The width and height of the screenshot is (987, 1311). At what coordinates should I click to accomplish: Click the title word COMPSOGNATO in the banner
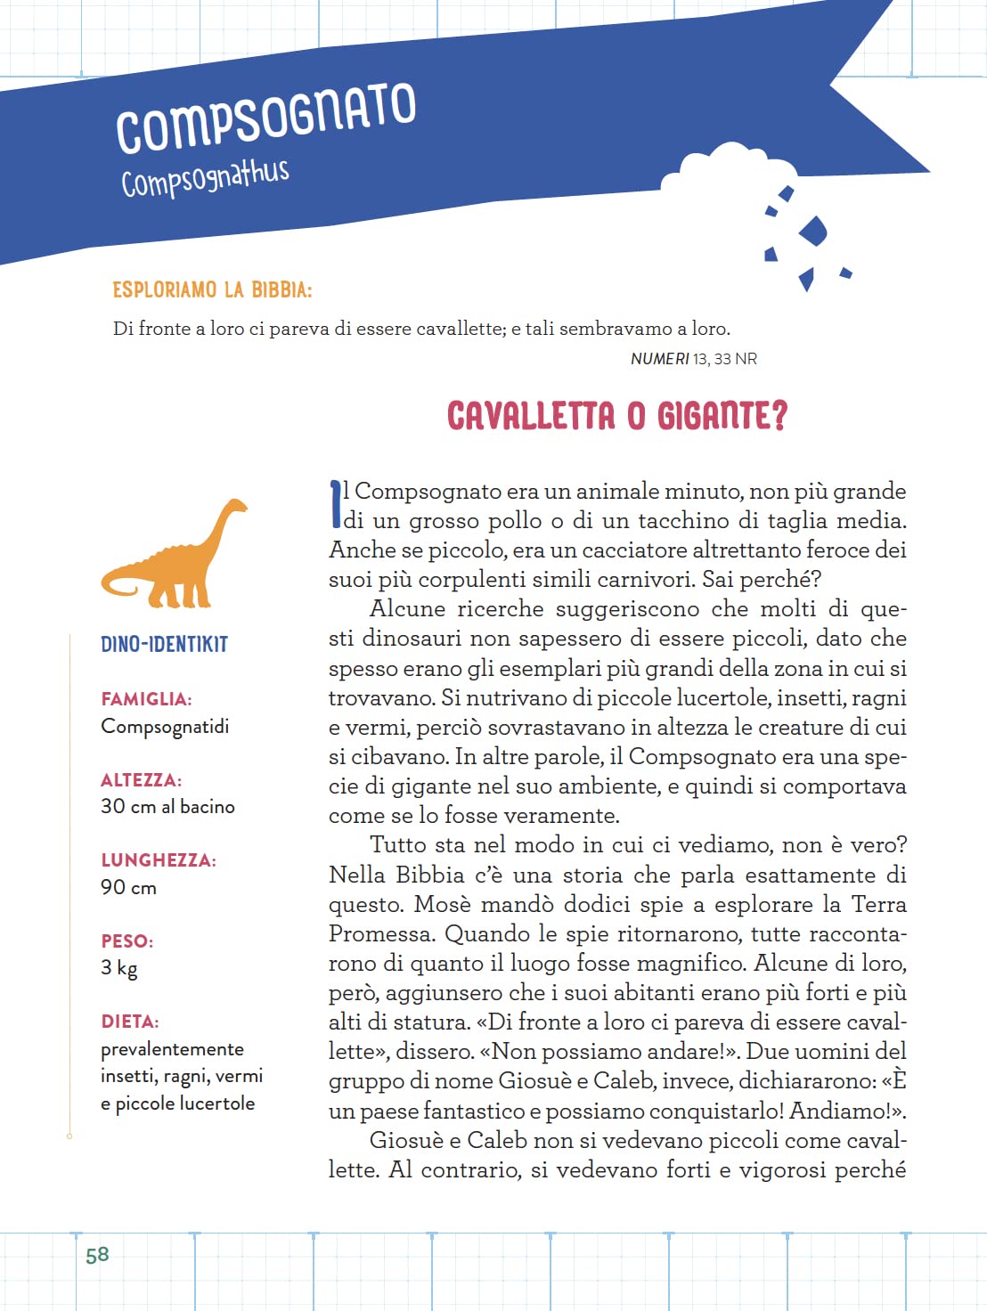pyautogui.click(x=265, y=118)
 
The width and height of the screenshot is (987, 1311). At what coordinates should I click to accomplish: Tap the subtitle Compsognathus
pyautogui.click(x=205, y=177)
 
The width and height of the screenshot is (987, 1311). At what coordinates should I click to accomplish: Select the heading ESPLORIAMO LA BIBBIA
pyautogui.click(x=212, y=290)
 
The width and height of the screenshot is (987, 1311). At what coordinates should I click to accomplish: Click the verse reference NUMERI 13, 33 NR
pyautogui.click(x=693, y=359)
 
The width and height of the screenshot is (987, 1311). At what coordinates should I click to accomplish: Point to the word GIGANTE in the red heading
pyautogui.click(x=722, y=417)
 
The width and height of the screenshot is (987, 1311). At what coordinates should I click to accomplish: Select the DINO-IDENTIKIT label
pyautogui.click(x=164, y=644)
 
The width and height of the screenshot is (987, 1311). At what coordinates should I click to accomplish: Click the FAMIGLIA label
pyautogui.click(x=146, y=699)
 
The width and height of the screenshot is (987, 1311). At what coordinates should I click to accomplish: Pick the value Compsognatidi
pyautogui.click(x=165, y=727)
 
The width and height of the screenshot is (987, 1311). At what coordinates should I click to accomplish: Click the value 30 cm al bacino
pyautogui.click(x=167, y=807)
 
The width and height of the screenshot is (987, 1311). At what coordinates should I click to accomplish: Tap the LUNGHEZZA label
pyautogui.click(x=159, y=860)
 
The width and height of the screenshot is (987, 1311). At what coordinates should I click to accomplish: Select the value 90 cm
pyautogui.click(x=128, y=888)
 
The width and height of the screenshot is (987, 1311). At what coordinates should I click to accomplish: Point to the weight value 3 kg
pyautogui.click(x=119, y=968)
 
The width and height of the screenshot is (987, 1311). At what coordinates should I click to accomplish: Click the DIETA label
pyautogui.click(x=130, y=1022)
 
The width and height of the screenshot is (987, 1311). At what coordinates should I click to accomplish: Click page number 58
pyautogui.click(x=97, y=1255)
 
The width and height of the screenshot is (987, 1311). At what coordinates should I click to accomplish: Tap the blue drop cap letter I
pyautogui.click(x=336, y=503)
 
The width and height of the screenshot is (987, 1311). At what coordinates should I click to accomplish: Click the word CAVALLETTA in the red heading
pyautogui.click(x=531, y=417)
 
